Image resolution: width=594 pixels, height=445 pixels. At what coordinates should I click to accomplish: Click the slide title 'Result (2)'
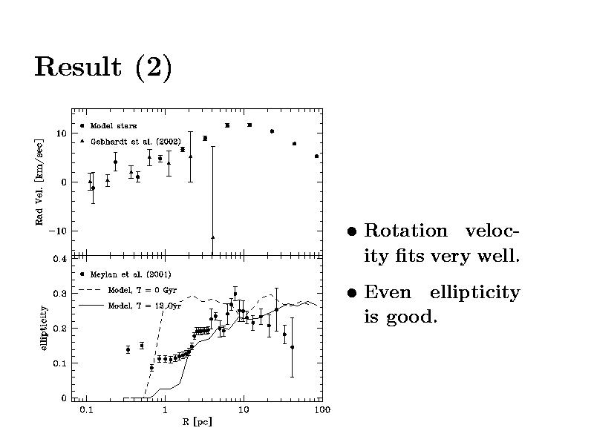coord(103,67)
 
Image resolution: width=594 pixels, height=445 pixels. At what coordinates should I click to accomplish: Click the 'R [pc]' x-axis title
coord(197,422)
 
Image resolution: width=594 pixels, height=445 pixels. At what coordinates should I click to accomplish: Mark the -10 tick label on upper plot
coord(57,231)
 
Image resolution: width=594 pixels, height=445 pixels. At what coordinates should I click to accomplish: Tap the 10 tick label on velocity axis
coord(61,133)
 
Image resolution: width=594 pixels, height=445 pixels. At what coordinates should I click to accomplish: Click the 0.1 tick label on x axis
coord(86,409)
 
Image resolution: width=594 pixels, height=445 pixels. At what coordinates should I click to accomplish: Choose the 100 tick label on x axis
coord(322,409)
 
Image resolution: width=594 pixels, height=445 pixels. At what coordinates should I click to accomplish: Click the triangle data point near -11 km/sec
coord(212,237)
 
